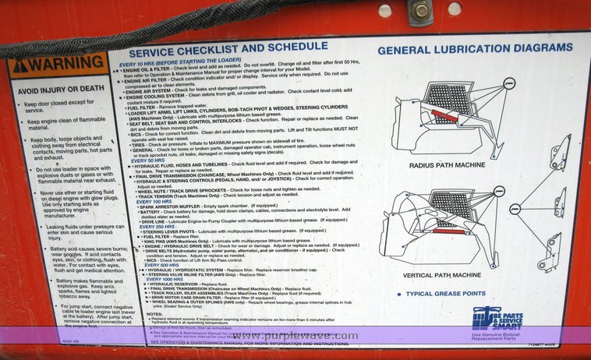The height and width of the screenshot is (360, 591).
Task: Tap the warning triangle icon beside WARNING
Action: (21, 66)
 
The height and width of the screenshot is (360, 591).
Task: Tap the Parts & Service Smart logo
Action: (497, 319)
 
